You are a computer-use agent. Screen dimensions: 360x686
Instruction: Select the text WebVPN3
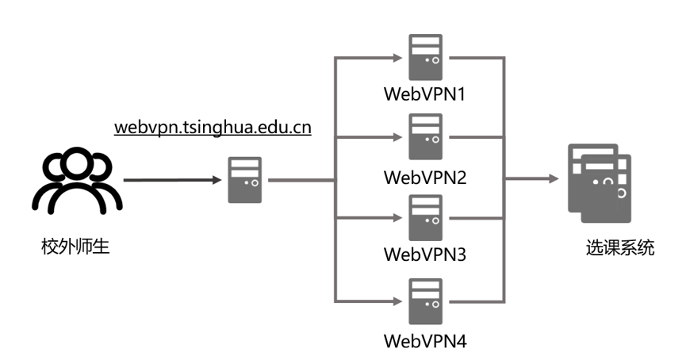(x=425, y=256)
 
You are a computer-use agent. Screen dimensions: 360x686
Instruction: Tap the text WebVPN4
(x=425, y=342)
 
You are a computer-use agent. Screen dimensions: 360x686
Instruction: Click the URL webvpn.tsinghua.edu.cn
(x=212, y=128)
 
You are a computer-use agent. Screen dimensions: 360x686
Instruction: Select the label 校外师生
(x=75, y=248)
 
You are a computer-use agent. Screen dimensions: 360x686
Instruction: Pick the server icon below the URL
(x=244, y=181)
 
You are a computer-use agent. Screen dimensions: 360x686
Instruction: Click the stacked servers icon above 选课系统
(x=598, y=180)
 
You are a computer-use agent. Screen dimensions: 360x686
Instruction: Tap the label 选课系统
(x=615, y=248)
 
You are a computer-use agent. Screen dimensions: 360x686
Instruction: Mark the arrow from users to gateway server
(x=172, y=180)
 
